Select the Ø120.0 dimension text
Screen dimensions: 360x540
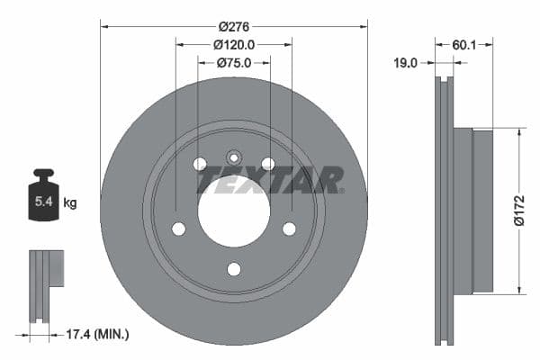tap(234, 44)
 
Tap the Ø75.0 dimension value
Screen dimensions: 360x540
tap(234, 63)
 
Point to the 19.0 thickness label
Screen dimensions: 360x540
tap(408, 63)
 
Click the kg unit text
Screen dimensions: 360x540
tap(70, 203)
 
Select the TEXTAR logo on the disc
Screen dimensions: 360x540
tap(269, 179)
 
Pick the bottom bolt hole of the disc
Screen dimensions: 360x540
tap(234, 269)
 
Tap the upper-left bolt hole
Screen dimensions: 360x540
tap(200, 164)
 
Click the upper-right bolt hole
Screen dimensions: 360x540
tap(268, 164)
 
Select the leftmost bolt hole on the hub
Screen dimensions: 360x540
tap(178, 229)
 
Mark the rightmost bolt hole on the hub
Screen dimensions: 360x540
tap(290, 229)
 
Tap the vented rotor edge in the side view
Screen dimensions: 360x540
tap(445, 211)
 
